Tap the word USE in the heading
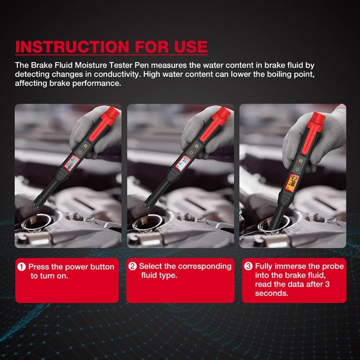pyautogui.click(x=191, y=47)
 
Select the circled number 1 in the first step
pyautogui.click(x=22, y=267)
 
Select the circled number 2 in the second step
pyautogui.click(x=132, y=266)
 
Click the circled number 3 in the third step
pyautogui.click(x=248, y=266)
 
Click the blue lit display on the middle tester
pyautogui.click(x=182, y=163)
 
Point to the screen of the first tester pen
pyautogui.click(x=71, y=163)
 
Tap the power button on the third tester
pyautogui.click(x=297, y=170)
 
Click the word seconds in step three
pyautogui.click(x=271, y=293)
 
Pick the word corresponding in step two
pyautogui.click(x=205, y=266)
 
